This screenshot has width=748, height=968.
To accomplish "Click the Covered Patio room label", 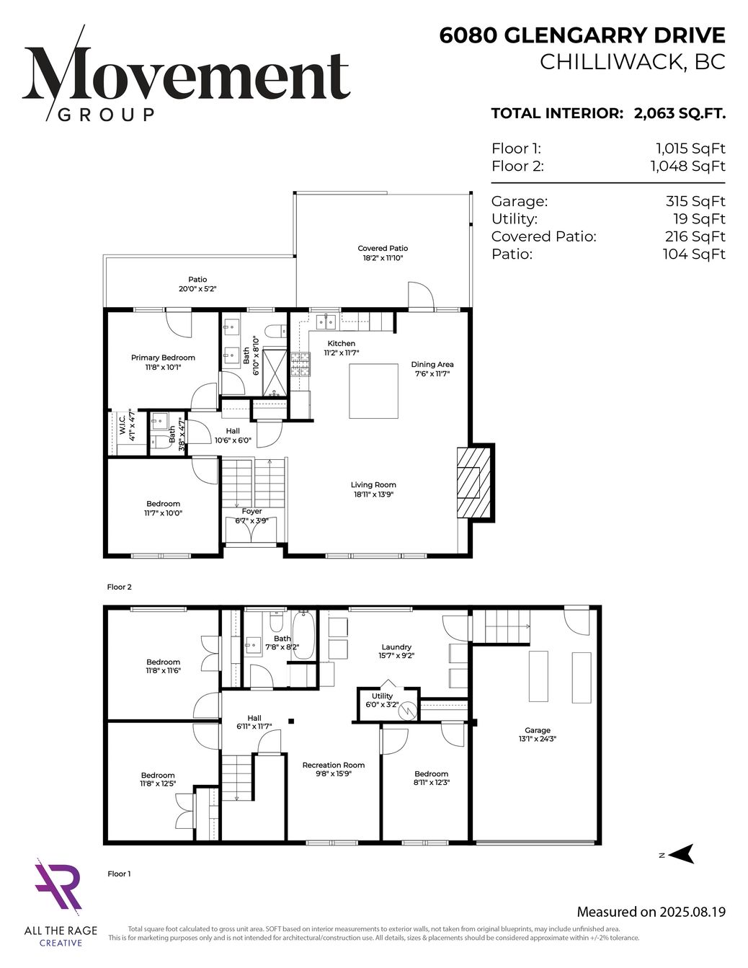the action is pos(383,248).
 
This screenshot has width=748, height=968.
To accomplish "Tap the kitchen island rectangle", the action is pos(373,391).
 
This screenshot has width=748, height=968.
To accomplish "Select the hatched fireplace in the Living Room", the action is pos(473,482).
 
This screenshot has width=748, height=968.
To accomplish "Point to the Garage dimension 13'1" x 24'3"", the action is pos(538,739).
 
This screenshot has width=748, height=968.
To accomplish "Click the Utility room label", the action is pos(382,696).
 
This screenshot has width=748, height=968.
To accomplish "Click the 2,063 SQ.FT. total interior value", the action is pos(680,113).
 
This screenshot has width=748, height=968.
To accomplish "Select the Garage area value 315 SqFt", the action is pos(695,201).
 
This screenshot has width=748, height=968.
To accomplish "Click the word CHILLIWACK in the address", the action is pos(610,62).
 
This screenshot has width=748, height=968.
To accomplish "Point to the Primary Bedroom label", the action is pos(163,358).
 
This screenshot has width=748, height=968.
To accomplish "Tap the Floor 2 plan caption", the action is pos(120,587).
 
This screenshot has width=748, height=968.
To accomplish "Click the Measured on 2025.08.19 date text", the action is pos(651,912).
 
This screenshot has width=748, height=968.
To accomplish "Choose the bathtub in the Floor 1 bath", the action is pos(303,635).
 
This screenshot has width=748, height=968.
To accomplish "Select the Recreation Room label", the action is pos(334,765).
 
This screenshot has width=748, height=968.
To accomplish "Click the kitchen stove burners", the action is pos(300,365).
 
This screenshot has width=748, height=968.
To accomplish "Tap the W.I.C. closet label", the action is pos(122,425).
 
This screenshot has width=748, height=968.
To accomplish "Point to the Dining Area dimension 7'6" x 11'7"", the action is pos(432,374).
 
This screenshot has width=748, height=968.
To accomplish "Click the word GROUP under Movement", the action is pos(107,115).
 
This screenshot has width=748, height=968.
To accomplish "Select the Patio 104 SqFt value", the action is pos(694,254).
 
